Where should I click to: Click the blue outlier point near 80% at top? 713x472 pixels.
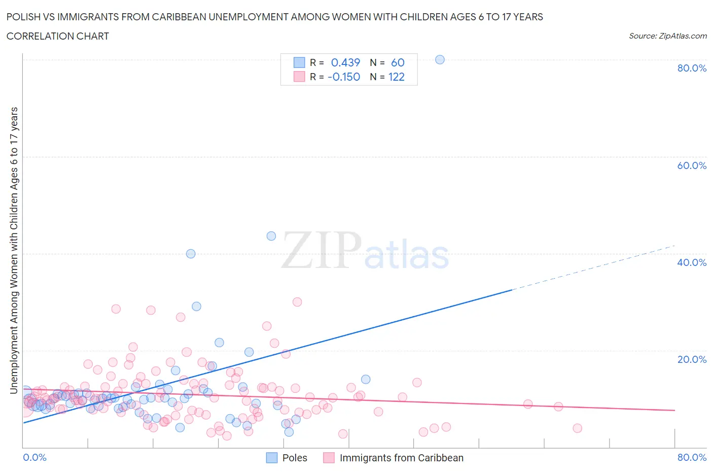440,59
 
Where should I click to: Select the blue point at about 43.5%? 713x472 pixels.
271,236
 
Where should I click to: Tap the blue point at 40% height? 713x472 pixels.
191,254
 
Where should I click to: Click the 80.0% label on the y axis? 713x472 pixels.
692,68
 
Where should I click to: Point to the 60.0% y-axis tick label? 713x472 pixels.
692,165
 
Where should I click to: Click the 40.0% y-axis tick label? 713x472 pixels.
692,262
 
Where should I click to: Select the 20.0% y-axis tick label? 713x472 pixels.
692,359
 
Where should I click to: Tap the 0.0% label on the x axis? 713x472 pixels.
34,457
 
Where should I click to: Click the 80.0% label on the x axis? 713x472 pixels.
692,457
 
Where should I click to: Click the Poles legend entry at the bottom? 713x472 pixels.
294,458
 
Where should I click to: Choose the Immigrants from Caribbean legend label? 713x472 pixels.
401,458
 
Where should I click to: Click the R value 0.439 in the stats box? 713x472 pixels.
345,62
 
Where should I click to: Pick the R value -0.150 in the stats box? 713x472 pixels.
344,77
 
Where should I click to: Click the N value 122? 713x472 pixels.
396,77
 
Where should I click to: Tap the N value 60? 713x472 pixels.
398,62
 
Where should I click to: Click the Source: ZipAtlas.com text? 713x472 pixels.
667,36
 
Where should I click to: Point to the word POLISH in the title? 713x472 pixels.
23,17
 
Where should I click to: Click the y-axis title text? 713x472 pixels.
14,250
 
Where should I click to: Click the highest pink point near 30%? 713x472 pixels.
297,302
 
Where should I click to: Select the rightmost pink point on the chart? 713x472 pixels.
577,428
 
